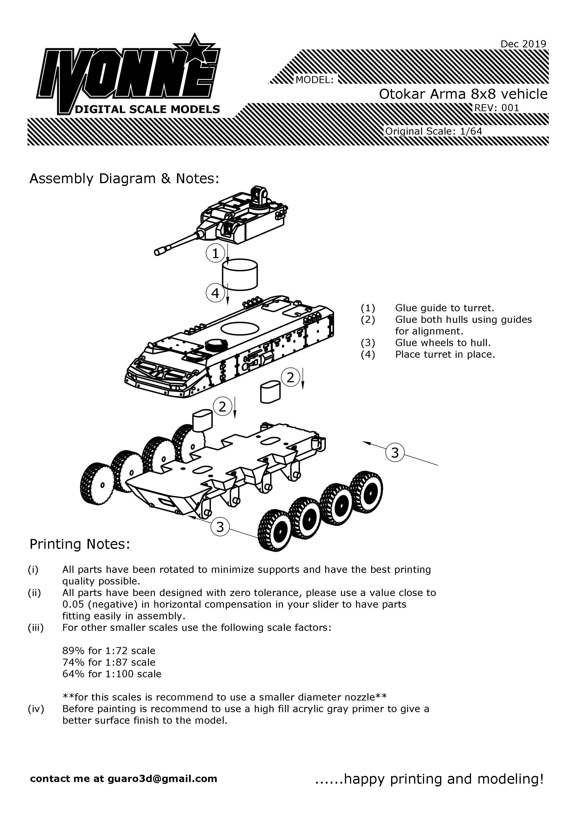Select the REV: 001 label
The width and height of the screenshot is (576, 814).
pyautogui.click(x=497, y=108)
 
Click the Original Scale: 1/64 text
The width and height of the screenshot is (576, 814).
pyautogui.click(x=433, y=131)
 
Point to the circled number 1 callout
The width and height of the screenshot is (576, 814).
pyautogui.click(x=215, y=253)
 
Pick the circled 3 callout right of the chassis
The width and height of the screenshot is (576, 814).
pyautogui.click(x=395, y=452)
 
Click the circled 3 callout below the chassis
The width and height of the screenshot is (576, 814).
pyautogui.click(x=220, y=527)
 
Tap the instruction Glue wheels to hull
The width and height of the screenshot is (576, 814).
pyautogui.click(x=443, y=343)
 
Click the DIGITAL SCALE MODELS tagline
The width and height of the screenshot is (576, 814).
pyautogui.click(x=147, y=109)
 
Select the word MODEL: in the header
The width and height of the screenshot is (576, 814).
pyautogui.click(x=314, y=80)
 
